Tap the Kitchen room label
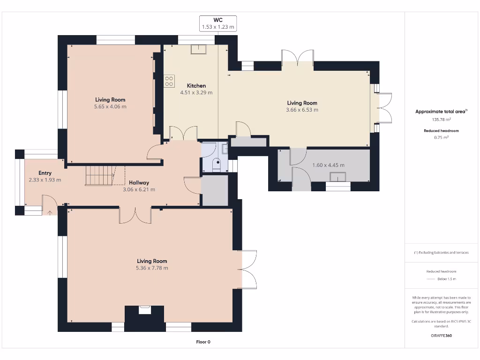pos(196,86)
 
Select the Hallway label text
pos(139,183)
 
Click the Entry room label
pos(45,173)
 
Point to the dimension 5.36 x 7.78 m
pos(152,268)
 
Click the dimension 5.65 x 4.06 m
pos(110,107)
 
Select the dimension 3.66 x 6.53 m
pos(302,110)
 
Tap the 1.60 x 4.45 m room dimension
pos(328,165)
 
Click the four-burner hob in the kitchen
pos(169,81)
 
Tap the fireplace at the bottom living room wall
pos(144,310)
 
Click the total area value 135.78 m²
pos(441,120)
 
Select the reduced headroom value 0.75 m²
pos(441,137)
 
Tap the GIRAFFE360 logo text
pos(441,336)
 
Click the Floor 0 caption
pos(203,342)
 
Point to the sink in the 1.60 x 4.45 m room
pos(338,176)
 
